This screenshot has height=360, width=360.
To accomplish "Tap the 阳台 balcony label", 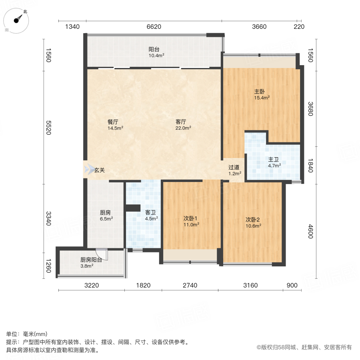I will (154, 50).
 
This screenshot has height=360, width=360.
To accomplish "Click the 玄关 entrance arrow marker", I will (88, 170).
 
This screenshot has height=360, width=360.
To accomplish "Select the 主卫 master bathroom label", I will (274, 159).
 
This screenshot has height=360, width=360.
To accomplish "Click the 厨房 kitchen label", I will (106, 213).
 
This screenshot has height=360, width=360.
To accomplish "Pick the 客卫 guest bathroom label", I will (151, 213).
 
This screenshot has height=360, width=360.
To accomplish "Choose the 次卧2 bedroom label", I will (253, 220).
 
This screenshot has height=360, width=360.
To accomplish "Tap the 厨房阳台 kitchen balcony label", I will (91, 259).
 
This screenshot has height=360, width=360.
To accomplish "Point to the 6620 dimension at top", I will (154, 27).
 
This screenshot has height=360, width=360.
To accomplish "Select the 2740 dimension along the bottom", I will (190, 285).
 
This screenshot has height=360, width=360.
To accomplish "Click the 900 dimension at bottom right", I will (292, 285).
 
